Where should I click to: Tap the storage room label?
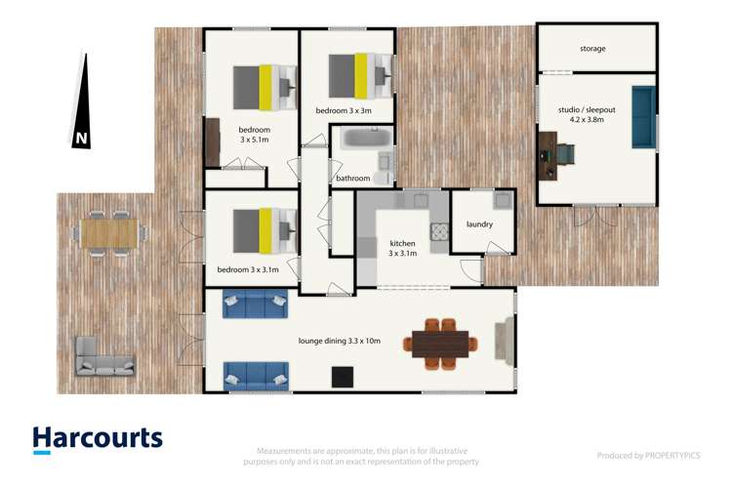coord(592,48)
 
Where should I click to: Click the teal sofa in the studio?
coord(644,117)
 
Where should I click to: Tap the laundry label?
coord(479,224)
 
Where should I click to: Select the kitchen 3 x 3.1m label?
coord(403,248)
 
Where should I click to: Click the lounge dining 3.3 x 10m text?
coord(340,341)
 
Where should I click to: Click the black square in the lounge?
coord(343,376)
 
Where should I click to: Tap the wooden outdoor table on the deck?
coord(109,232)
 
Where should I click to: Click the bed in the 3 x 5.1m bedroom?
coord(262,86)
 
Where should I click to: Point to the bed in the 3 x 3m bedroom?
coord(357,75)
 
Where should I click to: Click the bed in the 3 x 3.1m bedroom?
coord(263,230)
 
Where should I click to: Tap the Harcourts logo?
coord(98,439)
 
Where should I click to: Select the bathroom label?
coord(352,179)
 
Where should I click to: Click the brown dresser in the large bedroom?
coord(212,142)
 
